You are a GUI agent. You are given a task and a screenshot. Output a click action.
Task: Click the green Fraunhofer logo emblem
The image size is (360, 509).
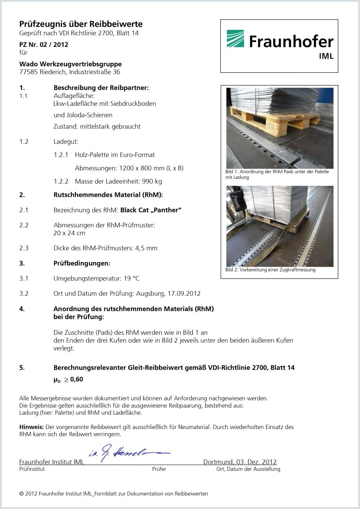tap(235, 39)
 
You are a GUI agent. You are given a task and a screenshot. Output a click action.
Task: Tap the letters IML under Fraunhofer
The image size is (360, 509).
tap(326, 56)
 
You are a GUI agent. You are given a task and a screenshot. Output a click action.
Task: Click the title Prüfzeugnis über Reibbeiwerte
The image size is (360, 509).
tap(81, 24)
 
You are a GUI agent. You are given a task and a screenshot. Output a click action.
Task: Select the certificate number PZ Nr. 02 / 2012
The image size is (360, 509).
tap(44, 45)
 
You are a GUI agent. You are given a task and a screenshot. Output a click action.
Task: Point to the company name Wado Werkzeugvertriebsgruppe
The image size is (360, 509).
tap(70, 64)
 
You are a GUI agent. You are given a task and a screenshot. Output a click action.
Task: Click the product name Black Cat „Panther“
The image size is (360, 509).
tap(151, 210)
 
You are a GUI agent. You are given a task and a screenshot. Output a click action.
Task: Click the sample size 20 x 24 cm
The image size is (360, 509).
tap(69, 233)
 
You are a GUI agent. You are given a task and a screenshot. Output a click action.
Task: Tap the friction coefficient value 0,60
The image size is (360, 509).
tap(76, 379)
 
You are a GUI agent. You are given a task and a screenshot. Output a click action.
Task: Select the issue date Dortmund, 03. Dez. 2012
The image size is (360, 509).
tap(240, 462)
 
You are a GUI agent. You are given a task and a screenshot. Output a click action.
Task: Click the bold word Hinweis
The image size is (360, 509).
tap(31, 427)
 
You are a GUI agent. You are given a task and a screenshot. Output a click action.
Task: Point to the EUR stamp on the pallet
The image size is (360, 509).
tap(272, 126)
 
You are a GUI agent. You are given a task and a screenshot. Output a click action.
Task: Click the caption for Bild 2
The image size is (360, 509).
tap(270, 270)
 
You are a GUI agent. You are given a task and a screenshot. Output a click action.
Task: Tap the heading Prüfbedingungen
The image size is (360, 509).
tap(82, 263)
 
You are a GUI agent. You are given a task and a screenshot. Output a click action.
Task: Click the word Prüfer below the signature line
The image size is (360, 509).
tap(159, 469)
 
